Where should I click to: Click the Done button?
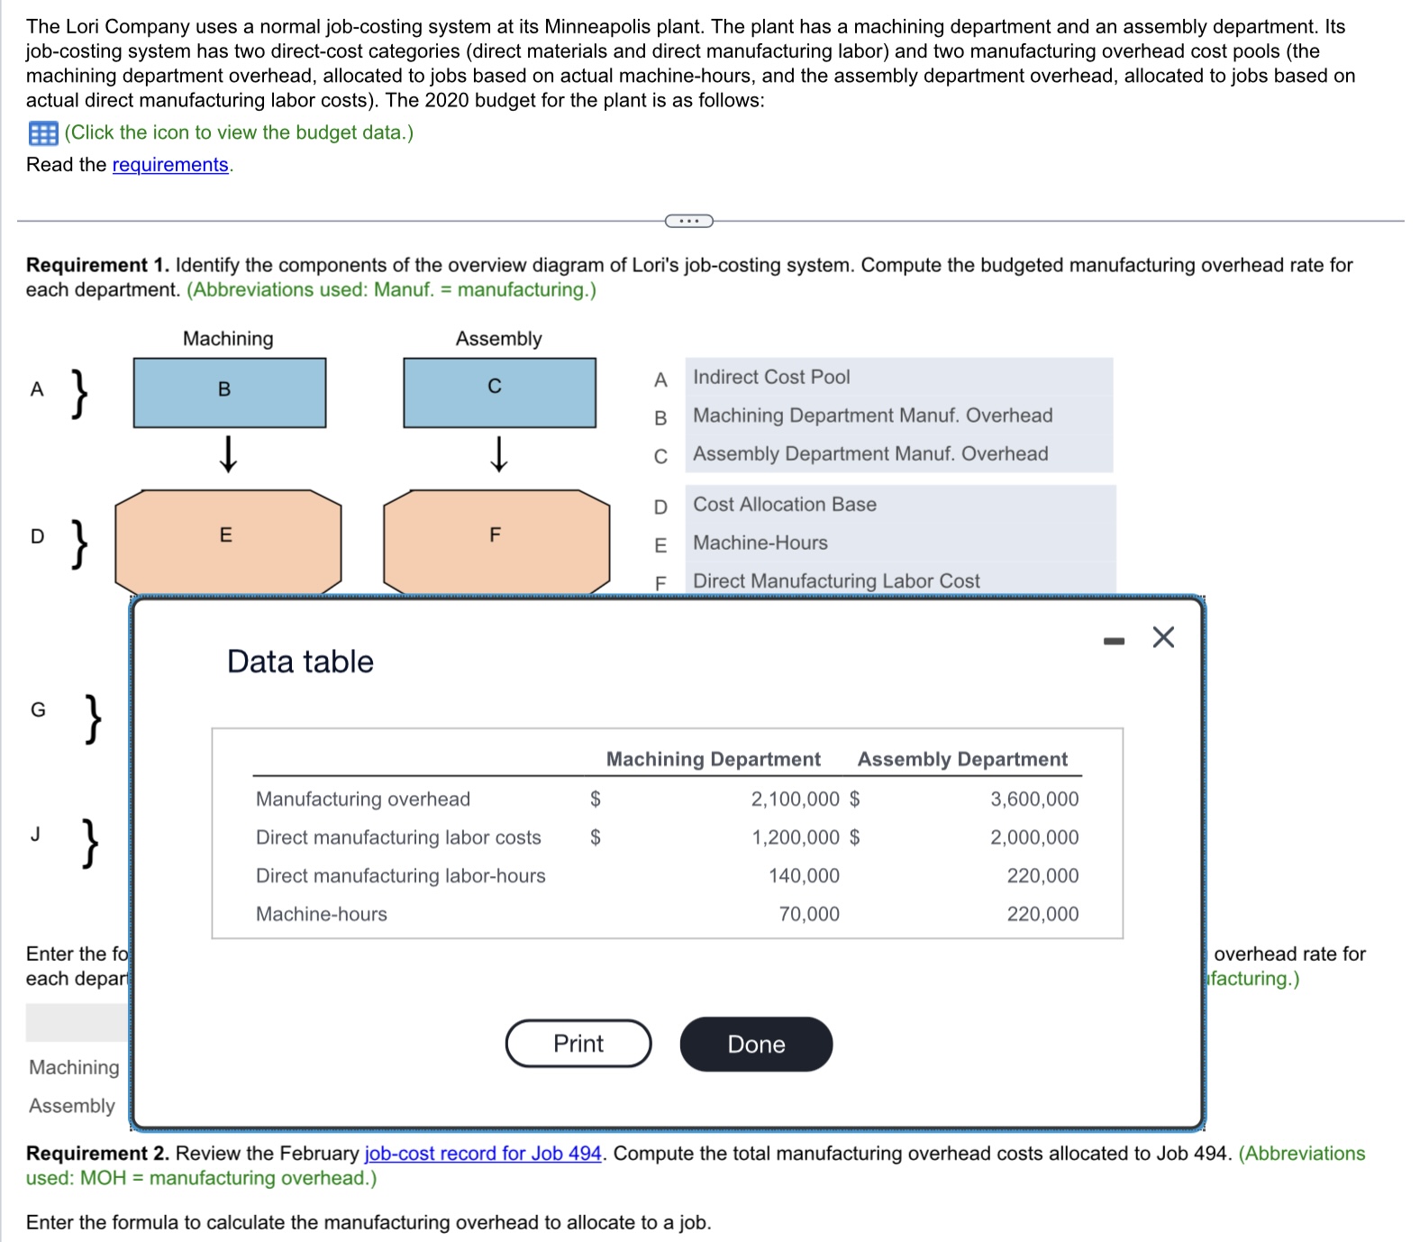(755, 1044)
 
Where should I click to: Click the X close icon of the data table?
(1163, 638)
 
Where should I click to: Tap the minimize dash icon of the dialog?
(1115, 641)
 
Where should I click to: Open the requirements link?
(170, 165)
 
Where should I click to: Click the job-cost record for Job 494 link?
(482, 1154)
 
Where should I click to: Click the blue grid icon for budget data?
(42, 133)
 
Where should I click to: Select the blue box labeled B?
(229, 392)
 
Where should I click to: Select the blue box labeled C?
(498, 392)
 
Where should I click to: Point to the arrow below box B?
(229, 454)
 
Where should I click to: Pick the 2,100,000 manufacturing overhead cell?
(795, 799)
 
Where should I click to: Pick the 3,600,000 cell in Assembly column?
(1033, 799)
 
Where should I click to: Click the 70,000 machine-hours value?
(808, 914)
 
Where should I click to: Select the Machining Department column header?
(713, 759)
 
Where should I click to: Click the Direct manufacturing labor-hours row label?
(400, 876)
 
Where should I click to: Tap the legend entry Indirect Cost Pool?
(770, 378)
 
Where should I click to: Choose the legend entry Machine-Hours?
(760, 543)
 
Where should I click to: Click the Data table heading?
(300, 662)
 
